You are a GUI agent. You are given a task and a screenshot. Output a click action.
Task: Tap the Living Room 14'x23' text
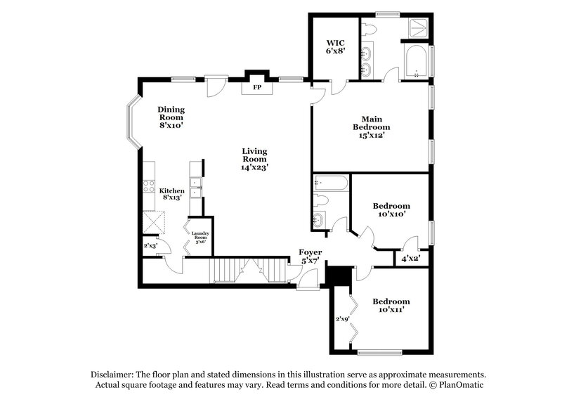(254, 160)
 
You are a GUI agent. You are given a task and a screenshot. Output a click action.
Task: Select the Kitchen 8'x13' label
(171, 195)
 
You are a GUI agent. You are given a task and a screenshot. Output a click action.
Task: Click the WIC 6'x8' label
(332, 46)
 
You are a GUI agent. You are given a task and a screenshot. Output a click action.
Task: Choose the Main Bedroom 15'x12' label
(372, 126)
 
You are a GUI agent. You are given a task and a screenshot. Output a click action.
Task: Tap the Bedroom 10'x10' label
(391, 211)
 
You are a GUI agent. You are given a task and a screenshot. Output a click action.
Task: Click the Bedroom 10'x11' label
(391, 305)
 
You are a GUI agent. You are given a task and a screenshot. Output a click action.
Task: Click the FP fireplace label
(257, 88)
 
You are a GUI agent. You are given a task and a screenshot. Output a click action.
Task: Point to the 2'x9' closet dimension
(342, 319)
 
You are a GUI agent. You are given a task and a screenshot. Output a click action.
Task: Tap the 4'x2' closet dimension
(409, 258)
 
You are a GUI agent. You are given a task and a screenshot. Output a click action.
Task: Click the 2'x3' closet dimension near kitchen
(150, 246)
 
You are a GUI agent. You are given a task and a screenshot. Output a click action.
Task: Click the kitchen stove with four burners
(149, 186)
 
